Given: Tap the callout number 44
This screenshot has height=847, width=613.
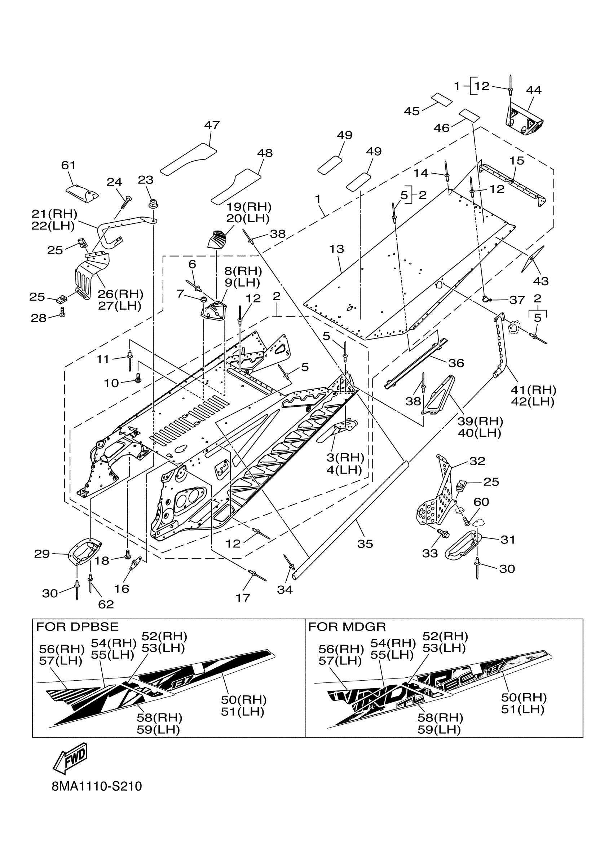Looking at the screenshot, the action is [534, 90].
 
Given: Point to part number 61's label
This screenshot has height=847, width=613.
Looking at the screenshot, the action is [68, 165].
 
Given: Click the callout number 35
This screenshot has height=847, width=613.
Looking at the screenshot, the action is [365, 544].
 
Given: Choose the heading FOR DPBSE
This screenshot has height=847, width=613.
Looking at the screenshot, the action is [77, 626].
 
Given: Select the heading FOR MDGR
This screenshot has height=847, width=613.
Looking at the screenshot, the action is [347, 626].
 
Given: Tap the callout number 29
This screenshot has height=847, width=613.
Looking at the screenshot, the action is [42, 554].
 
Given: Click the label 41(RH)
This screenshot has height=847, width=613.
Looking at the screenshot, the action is [534, 390].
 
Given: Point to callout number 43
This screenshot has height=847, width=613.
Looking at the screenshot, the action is [541, 281].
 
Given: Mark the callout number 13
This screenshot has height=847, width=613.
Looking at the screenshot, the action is [336, 249].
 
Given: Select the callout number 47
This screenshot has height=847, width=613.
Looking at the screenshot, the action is [212, 125].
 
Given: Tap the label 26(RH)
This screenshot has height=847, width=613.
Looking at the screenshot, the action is [120, 294].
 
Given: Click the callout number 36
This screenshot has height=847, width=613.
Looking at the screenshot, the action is [456, 363].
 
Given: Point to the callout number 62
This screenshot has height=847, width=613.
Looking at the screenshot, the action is [106, 604].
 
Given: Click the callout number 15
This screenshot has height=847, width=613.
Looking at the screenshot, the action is [517, 161].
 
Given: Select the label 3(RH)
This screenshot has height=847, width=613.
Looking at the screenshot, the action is [345, 458].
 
